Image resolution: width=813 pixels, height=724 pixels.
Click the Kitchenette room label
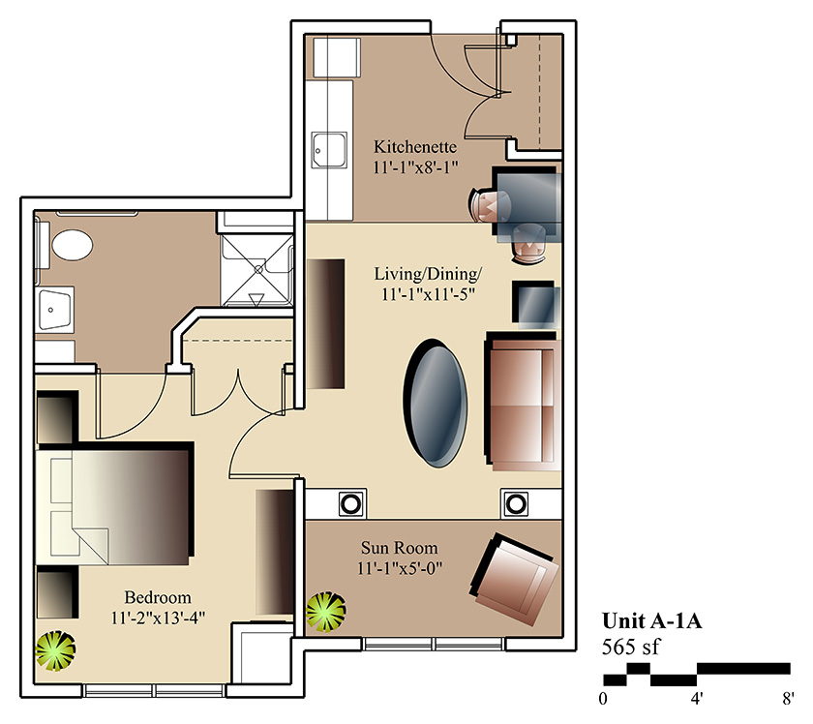(415, 147)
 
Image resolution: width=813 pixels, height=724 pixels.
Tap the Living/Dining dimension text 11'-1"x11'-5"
(428, 294)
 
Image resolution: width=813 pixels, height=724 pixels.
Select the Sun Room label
(399, 548)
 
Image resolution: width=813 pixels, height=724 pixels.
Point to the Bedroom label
(158, 597)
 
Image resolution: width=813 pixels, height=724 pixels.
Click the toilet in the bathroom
(72, 245)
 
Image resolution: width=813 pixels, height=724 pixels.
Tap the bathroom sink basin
(55, 310)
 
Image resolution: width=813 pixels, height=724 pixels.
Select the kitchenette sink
(329, 150)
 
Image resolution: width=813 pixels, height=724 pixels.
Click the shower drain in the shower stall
(258, 269)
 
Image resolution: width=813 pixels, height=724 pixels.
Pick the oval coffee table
(436, 403)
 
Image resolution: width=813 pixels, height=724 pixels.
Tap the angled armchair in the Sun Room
(514, 580)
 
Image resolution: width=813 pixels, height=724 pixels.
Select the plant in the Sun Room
(325, 612)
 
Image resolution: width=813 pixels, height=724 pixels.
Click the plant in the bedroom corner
(55, 650)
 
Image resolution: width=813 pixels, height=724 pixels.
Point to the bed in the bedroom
(114, 503)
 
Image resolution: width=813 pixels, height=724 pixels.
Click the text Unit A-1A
(651, 620)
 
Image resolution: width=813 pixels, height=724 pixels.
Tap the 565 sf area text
(631, 647)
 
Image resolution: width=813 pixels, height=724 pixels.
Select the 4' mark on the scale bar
(696, 699)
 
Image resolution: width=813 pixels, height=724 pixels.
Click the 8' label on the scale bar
(788, 699)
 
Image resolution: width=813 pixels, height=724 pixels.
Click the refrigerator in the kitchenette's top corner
(337, 57)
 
